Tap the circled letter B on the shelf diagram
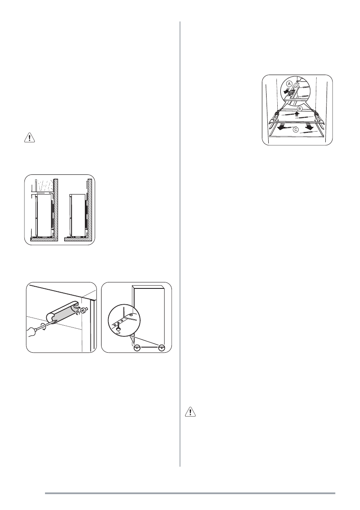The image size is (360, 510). click(x=300, y=109)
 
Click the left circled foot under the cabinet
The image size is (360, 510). click(x=137, y=348)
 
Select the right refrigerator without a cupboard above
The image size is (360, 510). click(x=78, y=215)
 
